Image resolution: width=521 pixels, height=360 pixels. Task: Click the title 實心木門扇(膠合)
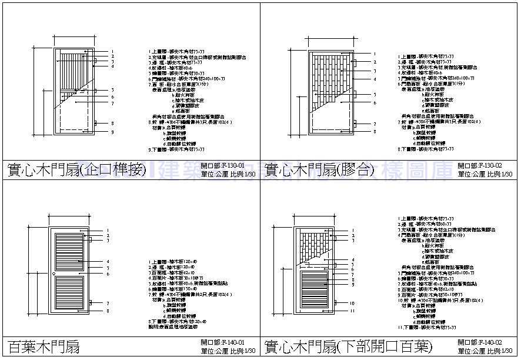click(320, 171)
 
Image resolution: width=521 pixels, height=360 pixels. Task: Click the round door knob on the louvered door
click(53, 274)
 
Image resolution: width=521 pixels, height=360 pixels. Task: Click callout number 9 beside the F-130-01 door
click(112, 132)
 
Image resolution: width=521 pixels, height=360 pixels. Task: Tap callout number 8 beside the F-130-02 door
click(373, 132)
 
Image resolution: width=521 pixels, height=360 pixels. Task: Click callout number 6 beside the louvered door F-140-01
click(108, 274)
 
